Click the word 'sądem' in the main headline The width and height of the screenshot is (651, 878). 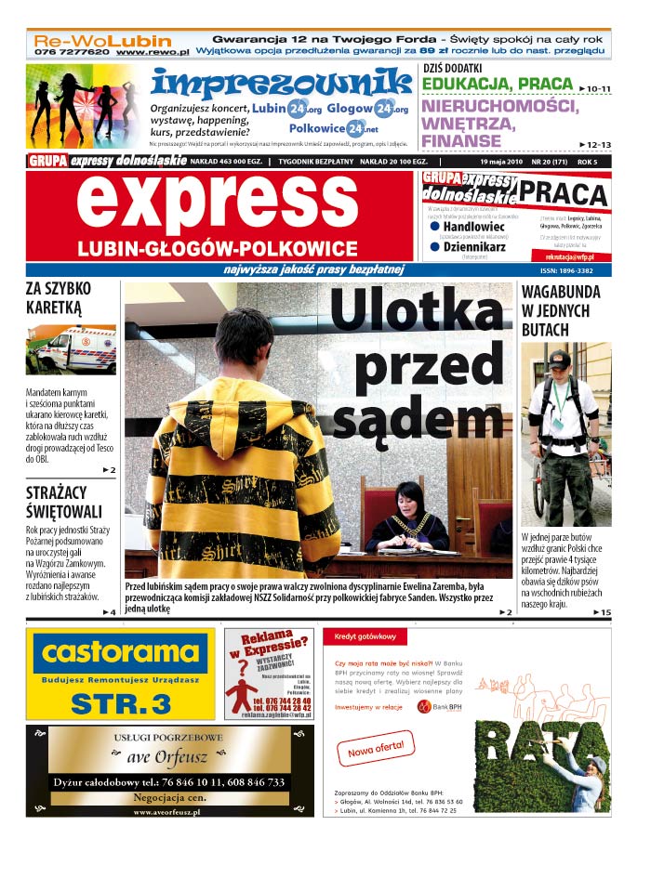click(418, 420)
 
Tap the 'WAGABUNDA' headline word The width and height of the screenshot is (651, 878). click(561, 292)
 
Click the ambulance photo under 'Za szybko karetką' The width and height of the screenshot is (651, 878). click(71, 349)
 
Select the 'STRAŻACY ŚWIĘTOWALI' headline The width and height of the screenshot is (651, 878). click(64, 502)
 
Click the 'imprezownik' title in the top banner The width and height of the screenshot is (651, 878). click(281, 83)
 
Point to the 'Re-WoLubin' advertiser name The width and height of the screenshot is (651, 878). click(103, 41)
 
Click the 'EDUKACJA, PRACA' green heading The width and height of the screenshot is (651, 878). click(497, 85)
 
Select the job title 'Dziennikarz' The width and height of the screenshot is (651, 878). click(474, 247)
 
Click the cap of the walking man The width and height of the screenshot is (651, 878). click(559, 358)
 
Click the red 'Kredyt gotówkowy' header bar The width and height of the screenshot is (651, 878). click(465, 636)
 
